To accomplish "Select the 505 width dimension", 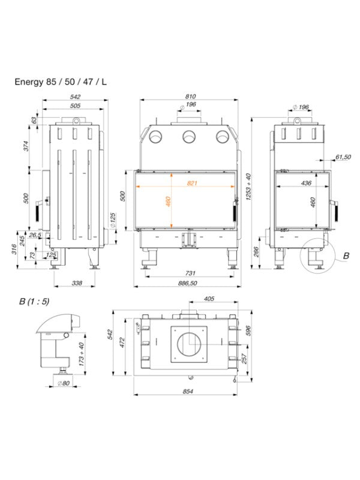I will (75, 106).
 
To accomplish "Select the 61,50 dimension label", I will (343, 157).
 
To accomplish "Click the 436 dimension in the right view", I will (305, 182).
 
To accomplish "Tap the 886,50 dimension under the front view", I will (189, 283).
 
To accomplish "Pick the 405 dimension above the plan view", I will (209, 298).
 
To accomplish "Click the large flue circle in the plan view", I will (189, 345).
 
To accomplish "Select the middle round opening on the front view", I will (190, 137).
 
